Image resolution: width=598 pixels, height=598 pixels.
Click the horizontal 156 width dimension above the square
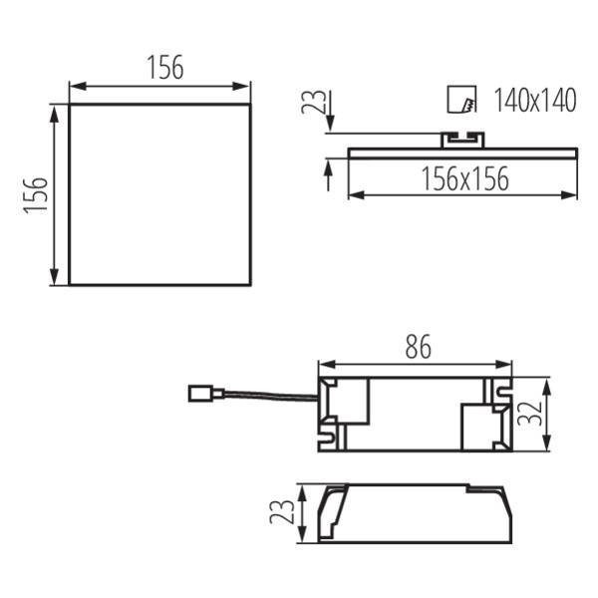(165, 68)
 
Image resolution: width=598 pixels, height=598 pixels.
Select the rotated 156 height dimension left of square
(35, 196)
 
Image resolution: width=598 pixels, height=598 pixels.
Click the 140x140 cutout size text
(535, 101)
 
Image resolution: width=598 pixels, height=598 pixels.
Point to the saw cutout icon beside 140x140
(461, 100)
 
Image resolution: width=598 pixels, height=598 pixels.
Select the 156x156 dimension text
(463, 179)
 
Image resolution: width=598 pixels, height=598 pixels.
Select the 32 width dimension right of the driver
(535, 413)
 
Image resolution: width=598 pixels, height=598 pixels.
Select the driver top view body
(415, 414)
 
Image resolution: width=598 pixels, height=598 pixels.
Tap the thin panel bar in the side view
(462, 151)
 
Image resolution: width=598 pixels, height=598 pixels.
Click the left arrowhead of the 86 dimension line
(323, 363)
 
